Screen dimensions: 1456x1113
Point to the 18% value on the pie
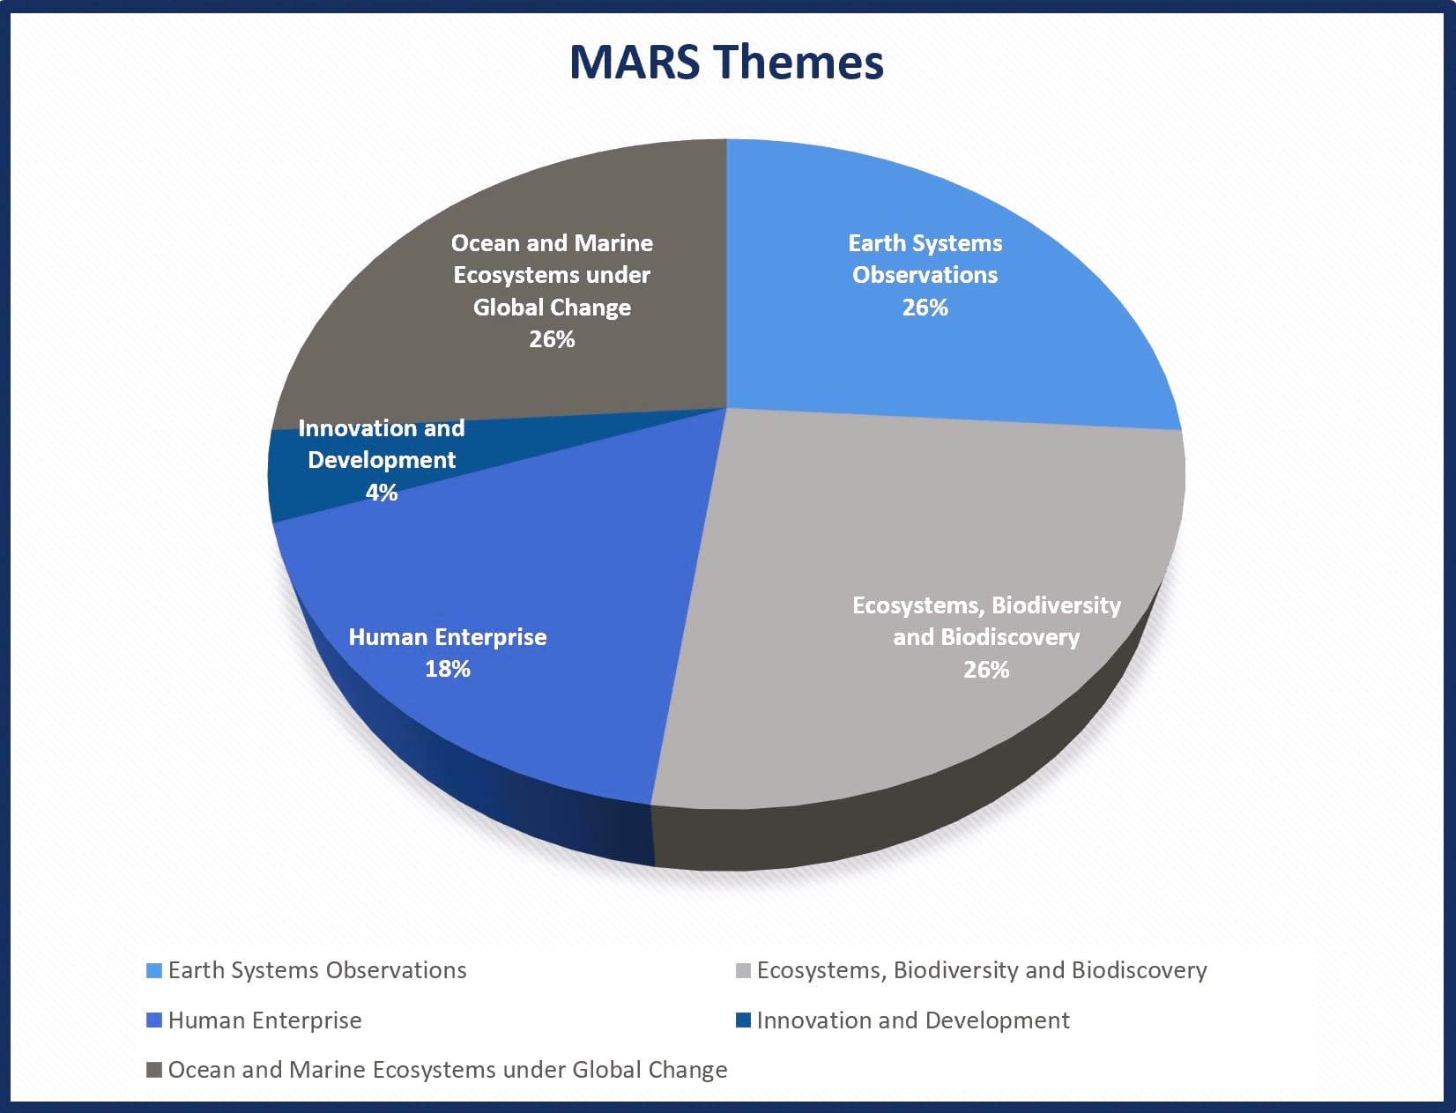point(448,669)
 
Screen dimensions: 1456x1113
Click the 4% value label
point(382,492)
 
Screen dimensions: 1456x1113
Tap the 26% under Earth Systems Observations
point(925,307)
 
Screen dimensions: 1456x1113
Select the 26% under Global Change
point(552,339)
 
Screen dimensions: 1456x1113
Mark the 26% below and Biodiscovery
point(986,669)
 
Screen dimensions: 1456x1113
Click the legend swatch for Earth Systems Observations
point(154,971)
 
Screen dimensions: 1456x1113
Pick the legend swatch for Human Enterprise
point(154,1020)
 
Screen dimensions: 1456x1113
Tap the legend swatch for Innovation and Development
point(744,1020)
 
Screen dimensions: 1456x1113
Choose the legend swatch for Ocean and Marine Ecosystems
point(154,1070)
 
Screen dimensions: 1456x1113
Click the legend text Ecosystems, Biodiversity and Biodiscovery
point(982,971)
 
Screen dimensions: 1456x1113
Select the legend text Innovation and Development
point(913,1020)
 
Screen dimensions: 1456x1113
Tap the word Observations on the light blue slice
point(925,275)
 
